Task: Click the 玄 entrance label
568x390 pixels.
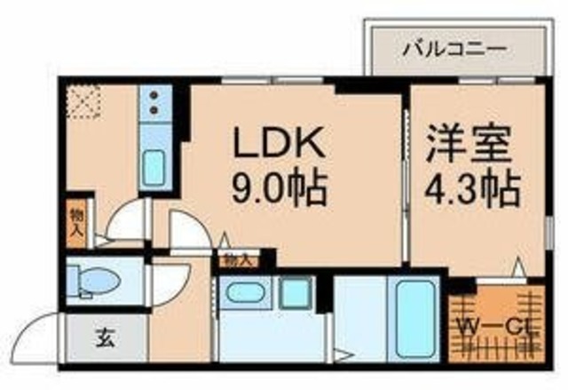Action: pyautogui.click(x=103, y=338)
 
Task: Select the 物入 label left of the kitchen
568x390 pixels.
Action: pyautogui.click(x=77, y=222)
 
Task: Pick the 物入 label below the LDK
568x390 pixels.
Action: pyautogui.click(x=236, y=260)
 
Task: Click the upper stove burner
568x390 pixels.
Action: pyautogui.click(x=153, y=96)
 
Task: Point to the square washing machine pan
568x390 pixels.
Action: pyautogui.click(x=295, y=293)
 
